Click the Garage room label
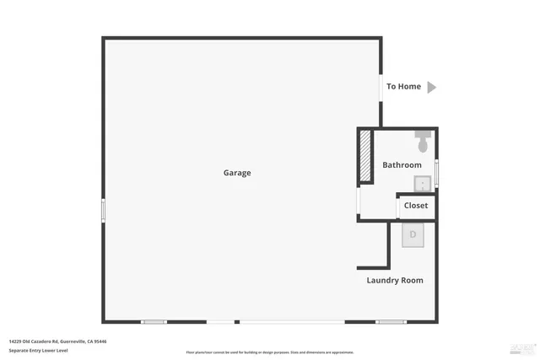[x=237, y=173]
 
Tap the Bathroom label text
[x=402, y=165]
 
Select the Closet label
[x=416, y=206]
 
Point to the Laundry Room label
[x=395, y=280]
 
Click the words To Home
[x=403, y=87]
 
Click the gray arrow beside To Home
[x=431, y=87]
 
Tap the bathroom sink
[x=422, y=184]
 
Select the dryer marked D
[x=413, y=235]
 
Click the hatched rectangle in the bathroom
[x=365, y=155]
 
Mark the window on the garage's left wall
[x=103, y=210]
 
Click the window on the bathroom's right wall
[x=436, y=172]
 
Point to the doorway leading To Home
[x=381, y=87]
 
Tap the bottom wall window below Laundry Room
[x=391, y=321]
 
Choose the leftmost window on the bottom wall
[x=154, y=321]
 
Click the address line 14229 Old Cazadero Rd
[x=58, y=341]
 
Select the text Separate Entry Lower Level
[x=38, y=350]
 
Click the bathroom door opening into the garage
[x=359, y=200]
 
